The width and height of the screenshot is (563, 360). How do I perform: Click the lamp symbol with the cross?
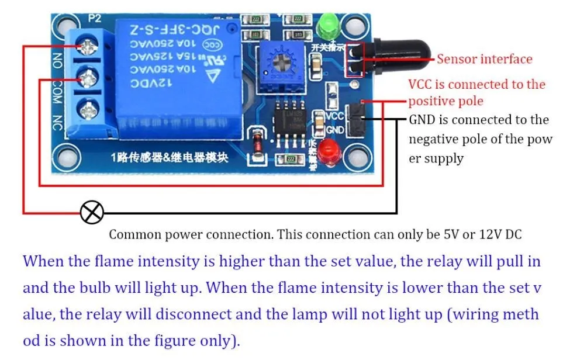(x=92, y=213)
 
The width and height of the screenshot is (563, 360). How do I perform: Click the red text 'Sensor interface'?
(x=485, y=59)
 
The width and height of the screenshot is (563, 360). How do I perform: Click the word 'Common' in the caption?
(x=136, y=235)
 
